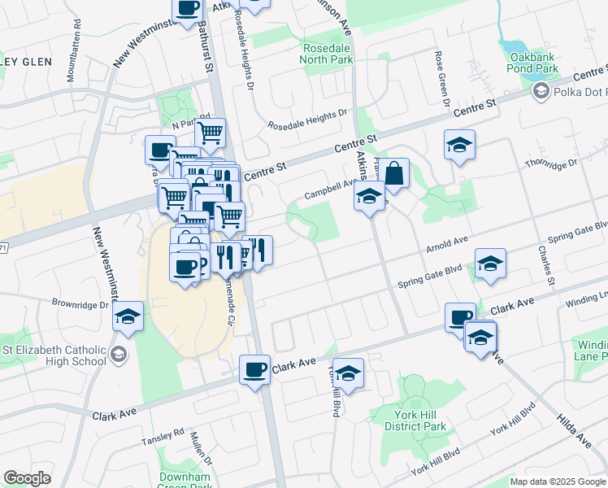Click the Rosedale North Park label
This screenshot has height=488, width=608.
pyautogui.click(x=326, y=53)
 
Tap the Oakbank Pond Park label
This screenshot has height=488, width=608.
pyautogui.click(x=534, y=63)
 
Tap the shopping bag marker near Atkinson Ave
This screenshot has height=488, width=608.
pyautogui.click(x=394, y=174)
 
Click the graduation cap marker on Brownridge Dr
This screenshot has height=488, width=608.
pyautogui.click(x=128, y=316)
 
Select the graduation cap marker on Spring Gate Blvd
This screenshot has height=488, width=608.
pyautogui.click(x=490, y=264)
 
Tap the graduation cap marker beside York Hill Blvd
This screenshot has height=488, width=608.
pyautogui.click(x=348, y=373)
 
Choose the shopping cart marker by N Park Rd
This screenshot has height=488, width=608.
pyautogui.click(x=211, y=131)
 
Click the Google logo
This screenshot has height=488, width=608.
pyautogui.click(x=27, y=478)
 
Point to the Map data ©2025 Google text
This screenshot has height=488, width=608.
pyautogui.click(x=557, y=481)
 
